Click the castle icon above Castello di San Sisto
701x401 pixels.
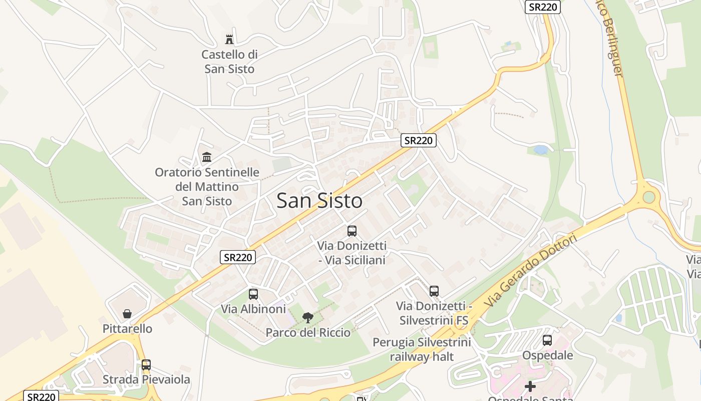(229, 39)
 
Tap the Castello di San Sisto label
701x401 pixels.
(229, 62)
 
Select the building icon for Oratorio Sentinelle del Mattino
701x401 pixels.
(207, 157)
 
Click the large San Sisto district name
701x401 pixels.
(319, 201)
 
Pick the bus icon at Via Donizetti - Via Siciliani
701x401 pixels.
(352, 231)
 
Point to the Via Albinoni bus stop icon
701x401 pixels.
(253, 294)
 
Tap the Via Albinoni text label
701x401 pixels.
(253, 309)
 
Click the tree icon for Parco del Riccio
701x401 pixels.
(308, 317)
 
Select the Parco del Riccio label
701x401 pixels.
(308, 332)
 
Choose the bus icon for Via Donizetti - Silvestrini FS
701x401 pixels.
(434, 291)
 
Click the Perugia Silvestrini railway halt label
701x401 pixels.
(422, 349)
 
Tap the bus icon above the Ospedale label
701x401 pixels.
(547, 340)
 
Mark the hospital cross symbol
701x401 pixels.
(530, 386)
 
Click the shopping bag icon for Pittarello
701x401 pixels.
(127, 314)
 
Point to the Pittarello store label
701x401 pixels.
(127, 329)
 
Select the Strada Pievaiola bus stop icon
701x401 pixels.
(146, 365)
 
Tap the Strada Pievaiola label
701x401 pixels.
(146, 379)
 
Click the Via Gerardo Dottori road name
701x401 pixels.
(531, 270)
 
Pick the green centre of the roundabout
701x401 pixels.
(649, 196)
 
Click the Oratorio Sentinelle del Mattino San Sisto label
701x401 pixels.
(207, 186)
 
